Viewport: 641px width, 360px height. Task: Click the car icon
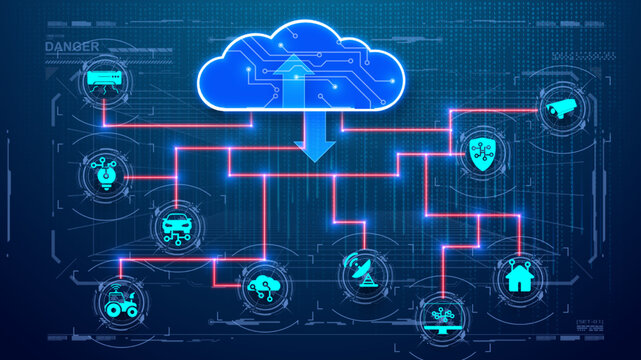point(176,225)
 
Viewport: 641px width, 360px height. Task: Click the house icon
point(519,276)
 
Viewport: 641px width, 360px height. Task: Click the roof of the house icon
point(519,268)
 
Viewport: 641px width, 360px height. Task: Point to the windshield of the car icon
point(176,219)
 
